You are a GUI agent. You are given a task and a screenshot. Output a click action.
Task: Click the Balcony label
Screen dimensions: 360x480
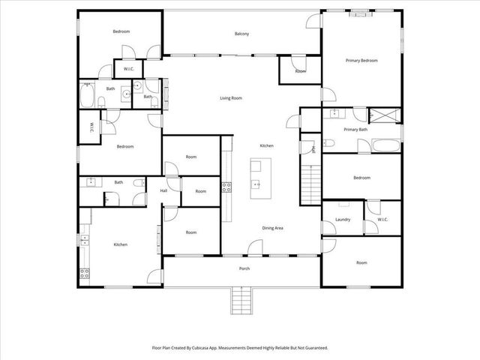[x=241, y=34]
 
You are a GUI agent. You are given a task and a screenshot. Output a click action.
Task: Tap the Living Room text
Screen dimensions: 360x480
[x=230, y=98]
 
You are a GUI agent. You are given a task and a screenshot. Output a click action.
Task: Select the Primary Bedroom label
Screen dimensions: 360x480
[x=361, y=60]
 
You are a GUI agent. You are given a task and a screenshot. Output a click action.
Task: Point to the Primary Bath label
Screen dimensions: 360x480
[x=355, y=130]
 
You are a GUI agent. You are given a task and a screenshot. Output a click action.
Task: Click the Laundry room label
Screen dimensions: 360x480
[x=343, y=220]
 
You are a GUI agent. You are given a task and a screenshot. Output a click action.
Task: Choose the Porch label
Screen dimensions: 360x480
[x=244, y=268]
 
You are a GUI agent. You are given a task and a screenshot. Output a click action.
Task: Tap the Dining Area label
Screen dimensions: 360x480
[x=272, y=228]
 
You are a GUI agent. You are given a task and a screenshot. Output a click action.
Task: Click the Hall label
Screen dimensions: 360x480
[x=163, y=190]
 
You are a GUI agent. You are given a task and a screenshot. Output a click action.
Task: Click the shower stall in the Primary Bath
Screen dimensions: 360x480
[x=388, y=115]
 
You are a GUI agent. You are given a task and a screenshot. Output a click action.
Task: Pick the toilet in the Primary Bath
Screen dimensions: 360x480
[x=329, y=142]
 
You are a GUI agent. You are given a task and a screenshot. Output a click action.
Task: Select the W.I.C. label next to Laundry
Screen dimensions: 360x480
[x=382, y=220]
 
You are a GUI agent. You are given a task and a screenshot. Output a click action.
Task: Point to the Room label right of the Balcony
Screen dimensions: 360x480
[x=300, y=71]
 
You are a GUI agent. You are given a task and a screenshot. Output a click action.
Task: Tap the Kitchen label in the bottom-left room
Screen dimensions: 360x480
[x=120, y=244]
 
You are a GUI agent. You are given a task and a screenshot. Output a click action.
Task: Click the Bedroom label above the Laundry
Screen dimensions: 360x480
[x=361, y=178]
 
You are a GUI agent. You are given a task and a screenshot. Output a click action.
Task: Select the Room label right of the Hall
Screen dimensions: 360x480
[x=200, y=191]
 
